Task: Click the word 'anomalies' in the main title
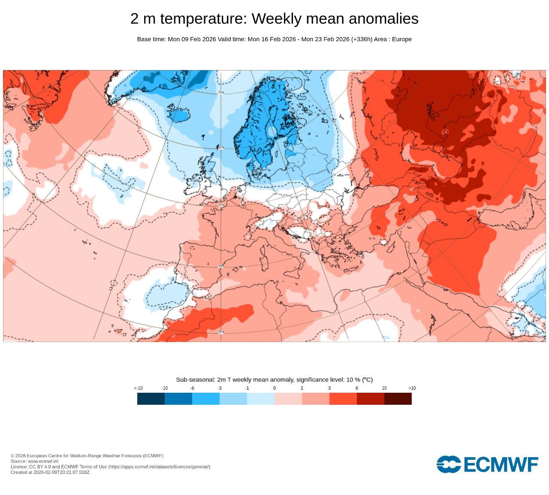(x=383, y=18)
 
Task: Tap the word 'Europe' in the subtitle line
(x=402, y=39)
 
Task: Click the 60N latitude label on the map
(x=221, y=148)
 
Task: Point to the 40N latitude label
(x=221, y=266)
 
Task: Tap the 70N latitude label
(x=221, y=93)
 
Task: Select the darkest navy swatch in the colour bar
(x=151, y=399)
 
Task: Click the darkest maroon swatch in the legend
(x=398, y=399)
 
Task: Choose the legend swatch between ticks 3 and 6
(x=343, y=399)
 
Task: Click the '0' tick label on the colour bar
(x=274, y=388)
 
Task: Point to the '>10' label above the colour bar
(x=412, y=388)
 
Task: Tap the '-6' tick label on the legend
(x=192, y=388)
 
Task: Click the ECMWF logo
(x=487, y=464)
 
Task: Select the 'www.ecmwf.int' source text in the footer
(x=43, y=461)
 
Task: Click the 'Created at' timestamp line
(x=50, y=472)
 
